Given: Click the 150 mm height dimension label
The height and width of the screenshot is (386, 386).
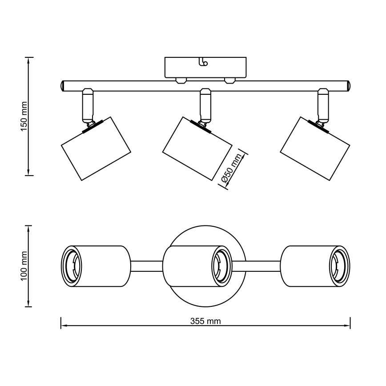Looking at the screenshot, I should (x=25, y=116).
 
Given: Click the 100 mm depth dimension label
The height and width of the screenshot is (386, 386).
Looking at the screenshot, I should (x=25, y=266).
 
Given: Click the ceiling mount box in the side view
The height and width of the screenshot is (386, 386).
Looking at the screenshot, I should (x=205, y=67).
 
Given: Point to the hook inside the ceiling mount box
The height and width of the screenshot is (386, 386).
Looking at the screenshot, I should (x=204, y=62).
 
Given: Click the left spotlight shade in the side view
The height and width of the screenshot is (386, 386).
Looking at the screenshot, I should (x=95, y=149).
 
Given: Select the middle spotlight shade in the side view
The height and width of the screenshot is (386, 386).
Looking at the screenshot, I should (x=197, y=149).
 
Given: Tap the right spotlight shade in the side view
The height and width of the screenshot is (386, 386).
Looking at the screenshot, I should (x=315, y=149).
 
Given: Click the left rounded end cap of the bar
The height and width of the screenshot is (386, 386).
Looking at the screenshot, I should (x=63, y=85).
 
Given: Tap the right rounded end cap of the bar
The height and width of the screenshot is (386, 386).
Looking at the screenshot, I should (x=348, y=85).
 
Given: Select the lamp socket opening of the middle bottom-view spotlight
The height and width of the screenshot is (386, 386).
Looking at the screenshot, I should (x=221, y=266).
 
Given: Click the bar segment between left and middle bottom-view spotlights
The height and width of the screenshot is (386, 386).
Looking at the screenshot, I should (x=147, y=266).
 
